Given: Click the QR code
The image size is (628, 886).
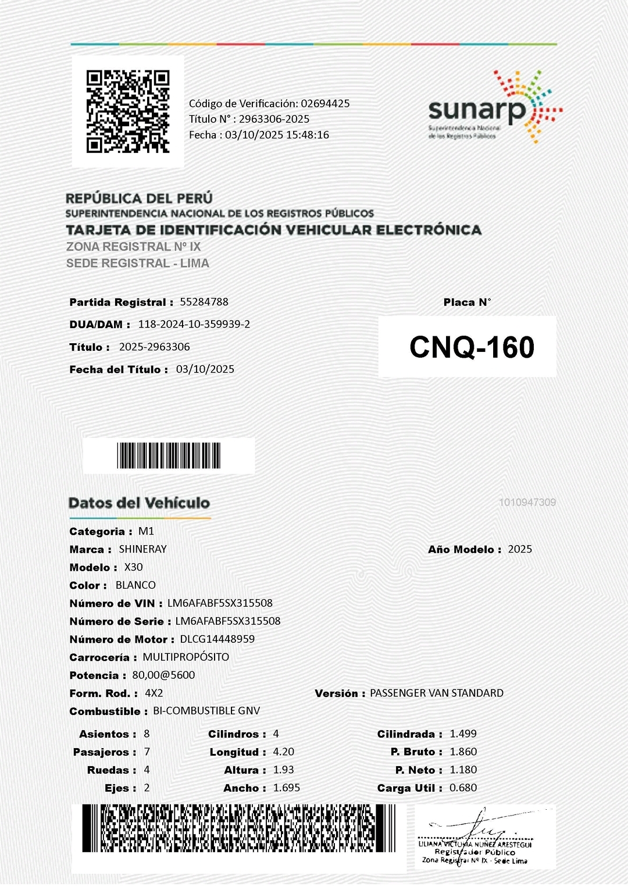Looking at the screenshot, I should (x=128, y=112).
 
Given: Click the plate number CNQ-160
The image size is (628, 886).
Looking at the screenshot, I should (x=472, y=347).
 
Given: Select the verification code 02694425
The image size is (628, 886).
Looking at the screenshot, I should (x=325, y=104).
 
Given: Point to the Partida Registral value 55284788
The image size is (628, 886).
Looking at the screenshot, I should (x=204, y=302).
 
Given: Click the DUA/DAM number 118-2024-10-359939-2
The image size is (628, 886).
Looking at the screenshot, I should (x=194, y=324).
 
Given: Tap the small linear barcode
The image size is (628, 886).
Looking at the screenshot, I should (x=169, y=456).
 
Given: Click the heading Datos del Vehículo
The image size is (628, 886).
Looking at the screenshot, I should (x=139, y=503).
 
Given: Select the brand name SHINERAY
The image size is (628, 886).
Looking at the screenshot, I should (x=143, y=549).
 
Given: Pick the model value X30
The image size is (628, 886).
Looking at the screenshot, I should (x=133, y=567).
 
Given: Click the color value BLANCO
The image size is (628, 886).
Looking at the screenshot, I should (x=135, y=585).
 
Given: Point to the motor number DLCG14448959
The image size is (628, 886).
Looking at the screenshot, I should (x=217, y=639).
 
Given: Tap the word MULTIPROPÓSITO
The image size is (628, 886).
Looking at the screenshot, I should (x=186, y=657).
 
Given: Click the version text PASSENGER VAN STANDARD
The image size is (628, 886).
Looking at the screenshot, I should (x=437, y=693).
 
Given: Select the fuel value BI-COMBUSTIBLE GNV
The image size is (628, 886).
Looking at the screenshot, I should (x=206, y=711).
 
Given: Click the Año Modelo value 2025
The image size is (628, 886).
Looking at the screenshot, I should (x=520, y=549).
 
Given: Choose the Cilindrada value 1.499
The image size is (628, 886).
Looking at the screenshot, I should (x=463, y=734).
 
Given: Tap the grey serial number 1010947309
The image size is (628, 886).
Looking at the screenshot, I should (x=527, y=502).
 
